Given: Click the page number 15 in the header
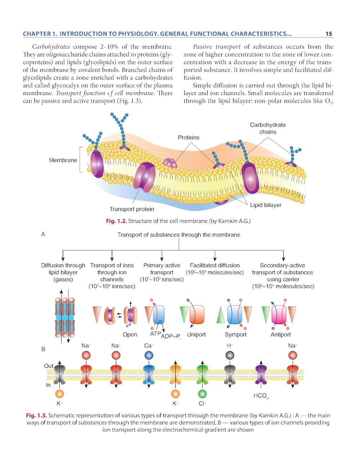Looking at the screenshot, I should [328, 34].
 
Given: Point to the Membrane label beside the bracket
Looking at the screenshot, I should [63, 160].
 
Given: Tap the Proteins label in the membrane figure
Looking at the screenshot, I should [188, 137].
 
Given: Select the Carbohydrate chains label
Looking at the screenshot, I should [268, 128].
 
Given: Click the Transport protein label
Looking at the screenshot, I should [132, 209].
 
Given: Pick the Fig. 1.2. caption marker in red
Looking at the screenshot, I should [116, 221].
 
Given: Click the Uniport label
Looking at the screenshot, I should [196, 335].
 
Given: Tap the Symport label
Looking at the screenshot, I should [235, 335].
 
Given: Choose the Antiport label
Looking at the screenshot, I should [280, 335].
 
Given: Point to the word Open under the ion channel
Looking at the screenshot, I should [130, 335].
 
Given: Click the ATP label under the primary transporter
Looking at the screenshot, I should [155, 334].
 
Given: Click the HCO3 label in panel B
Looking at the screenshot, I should [261, 396].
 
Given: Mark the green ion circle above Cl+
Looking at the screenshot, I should [202, 394].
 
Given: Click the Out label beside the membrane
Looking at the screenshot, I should [49, 366].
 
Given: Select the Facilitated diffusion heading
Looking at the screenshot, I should [215, 265].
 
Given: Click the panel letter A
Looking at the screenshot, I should [43, 234].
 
